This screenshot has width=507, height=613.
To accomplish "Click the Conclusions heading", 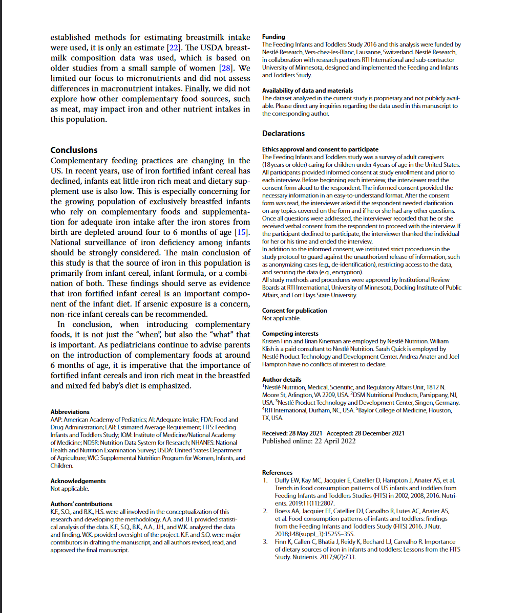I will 74,150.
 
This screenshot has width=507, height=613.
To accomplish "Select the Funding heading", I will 273,37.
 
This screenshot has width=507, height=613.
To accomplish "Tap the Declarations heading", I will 283,134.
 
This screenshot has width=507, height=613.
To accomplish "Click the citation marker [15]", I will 242,232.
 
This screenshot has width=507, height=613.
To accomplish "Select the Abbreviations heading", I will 70,412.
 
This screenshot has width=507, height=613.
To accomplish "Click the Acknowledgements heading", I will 78,481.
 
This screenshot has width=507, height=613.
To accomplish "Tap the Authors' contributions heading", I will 81,504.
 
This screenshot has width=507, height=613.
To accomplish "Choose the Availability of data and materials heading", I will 307,91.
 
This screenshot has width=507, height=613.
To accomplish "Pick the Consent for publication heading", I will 294,311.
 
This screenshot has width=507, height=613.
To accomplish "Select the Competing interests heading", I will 290,334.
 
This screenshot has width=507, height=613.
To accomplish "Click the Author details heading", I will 282,380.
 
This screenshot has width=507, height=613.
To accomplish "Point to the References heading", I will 277,473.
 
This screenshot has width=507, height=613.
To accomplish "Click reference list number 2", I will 265,511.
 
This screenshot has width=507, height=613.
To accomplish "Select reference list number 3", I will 265,542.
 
